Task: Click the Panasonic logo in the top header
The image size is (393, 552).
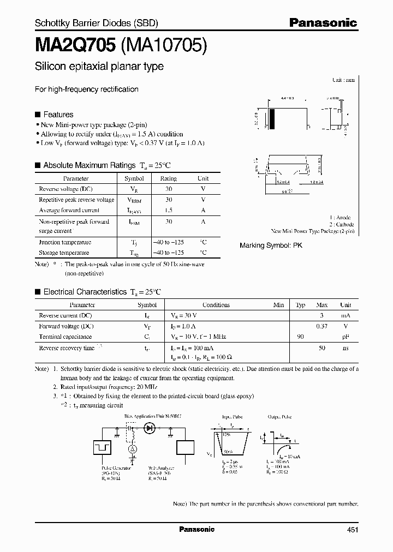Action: [323, 22]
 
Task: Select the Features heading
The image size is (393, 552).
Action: [58, 115]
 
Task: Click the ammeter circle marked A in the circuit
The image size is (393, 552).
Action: [132, 448]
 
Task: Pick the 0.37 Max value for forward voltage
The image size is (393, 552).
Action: [321, 326]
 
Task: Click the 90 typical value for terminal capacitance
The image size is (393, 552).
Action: [300, 337]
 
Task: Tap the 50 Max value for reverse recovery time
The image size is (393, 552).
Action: [321, 347]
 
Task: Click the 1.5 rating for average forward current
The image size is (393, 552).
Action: [169, 210]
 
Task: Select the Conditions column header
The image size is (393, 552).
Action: [216, 305]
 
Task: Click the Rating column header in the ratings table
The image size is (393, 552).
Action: [168, 178]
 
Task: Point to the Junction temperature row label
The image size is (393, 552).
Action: [65, 242]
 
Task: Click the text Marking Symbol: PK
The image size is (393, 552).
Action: [271, 245]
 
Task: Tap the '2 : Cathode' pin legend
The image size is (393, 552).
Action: [341, 224]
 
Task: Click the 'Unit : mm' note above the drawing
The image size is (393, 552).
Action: [343, 80]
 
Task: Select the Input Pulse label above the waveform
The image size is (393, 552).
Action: [228, 417]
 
